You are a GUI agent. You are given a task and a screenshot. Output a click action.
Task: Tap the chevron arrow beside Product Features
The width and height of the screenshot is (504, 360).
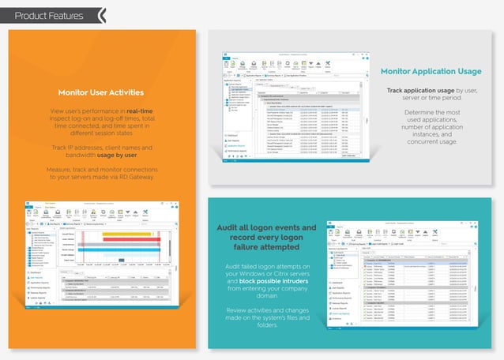(x=102, y=15)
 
